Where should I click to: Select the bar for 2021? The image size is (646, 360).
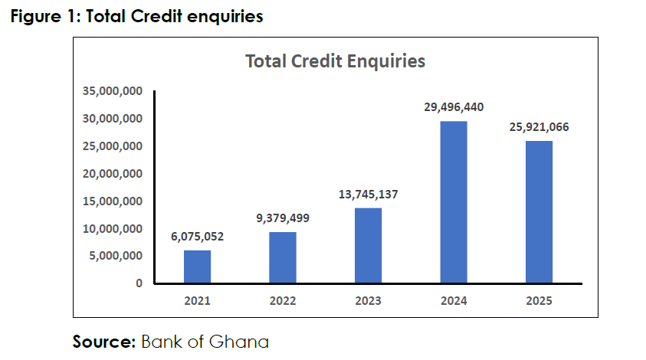point(198,267)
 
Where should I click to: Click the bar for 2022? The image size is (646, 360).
point(283,257)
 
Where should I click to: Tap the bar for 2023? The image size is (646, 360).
point(368,246)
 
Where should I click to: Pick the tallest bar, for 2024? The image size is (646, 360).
point(454,202)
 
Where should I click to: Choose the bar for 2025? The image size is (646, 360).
point(539,211)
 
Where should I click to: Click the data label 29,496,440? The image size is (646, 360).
point(454,107)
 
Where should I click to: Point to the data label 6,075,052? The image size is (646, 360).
point(198,237)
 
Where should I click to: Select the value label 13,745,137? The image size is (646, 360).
point(369,194)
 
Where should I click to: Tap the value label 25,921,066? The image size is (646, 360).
point(539,127)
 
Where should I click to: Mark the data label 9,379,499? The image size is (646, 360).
point(283,218)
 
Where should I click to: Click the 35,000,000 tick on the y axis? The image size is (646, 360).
point(113,91)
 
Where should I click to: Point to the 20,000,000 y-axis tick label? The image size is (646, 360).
point(113,174)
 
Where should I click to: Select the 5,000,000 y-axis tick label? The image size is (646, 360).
point(116,256)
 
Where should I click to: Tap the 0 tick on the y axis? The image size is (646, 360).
point(139,283)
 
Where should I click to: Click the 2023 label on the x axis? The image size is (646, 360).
point(368,301)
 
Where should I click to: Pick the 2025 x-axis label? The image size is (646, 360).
point(539,301)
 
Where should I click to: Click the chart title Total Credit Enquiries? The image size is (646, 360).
point(336,61)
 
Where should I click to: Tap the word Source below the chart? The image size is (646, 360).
point(104,342)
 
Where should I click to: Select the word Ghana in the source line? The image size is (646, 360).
point(239,342)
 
